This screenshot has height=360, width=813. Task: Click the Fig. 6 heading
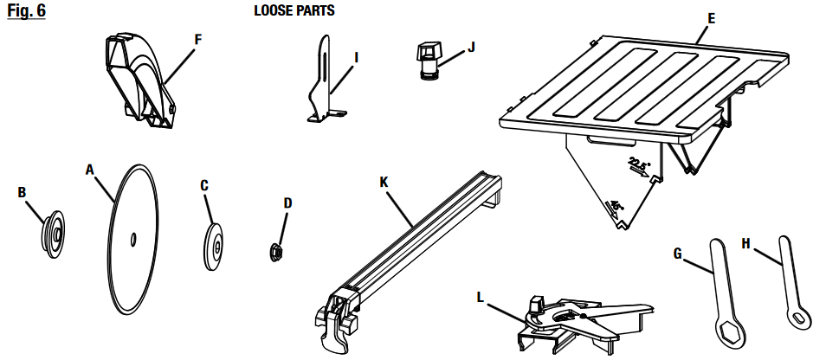pyautogui.click(x=26, y=13)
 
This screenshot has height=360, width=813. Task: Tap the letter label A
pyautogui.click(x=89, y=170)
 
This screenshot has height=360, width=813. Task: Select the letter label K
pyautogui.click(x=384, y=183)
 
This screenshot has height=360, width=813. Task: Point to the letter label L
pyautogui.click(x=481, y=297)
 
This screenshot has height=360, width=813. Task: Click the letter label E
pyautogui.click(x=711, y=16)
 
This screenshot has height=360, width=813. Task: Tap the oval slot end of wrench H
pyautogui.click(x=796, y=318)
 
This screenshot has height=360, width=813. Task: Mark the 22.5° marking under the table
pyautogui.click(x=639, y=164)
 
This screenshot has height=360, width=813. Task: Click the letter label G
pyautogui.click(x=678, y=252)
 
